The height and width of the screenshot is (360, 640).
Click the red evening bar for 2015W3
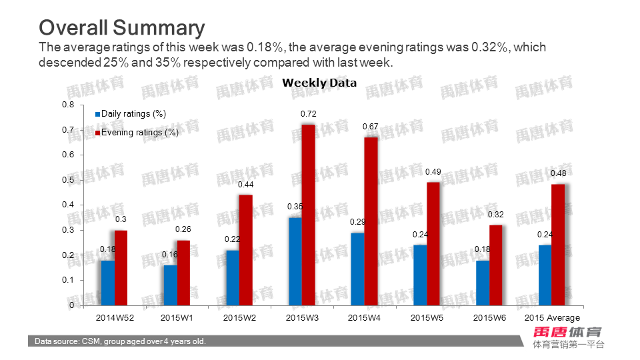[x=308, y=215]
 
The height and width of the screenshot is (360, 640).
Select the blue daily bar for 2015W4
[x=357, y=269]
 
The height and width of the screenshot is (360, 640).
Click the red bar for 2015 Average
[x=557, y=245]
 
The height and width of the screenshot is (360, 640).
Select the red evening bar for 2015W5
[x=433, y=244]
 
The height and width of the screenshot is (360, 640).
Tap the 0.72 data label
[x=308, y=115]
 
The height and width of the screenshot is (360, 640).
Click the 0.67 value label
[x=370, y=127]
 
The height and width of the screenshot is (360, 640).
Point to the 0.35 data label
[x=295, y=207]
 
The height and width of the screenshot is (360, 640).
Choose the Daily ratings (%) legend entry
[x=133, y=114]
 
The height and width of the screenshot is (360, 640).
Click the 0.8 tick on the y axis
[x=68, y=105]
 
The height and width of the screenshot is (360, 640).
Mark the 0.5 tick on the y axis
[x=68, y=180]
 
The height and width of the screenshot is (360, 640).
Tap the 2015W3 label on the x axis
[x=302, y=318]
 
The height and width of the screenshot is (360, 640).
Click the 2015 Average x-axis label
[x=552, y=318]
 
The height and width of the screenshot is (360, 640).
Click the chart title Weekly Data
[x=319, y=83]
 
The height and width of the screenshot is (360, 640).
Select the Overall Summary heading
[x=121, y=27]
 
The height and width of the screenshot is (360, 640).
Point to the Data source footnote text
[x=120, y=341]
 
